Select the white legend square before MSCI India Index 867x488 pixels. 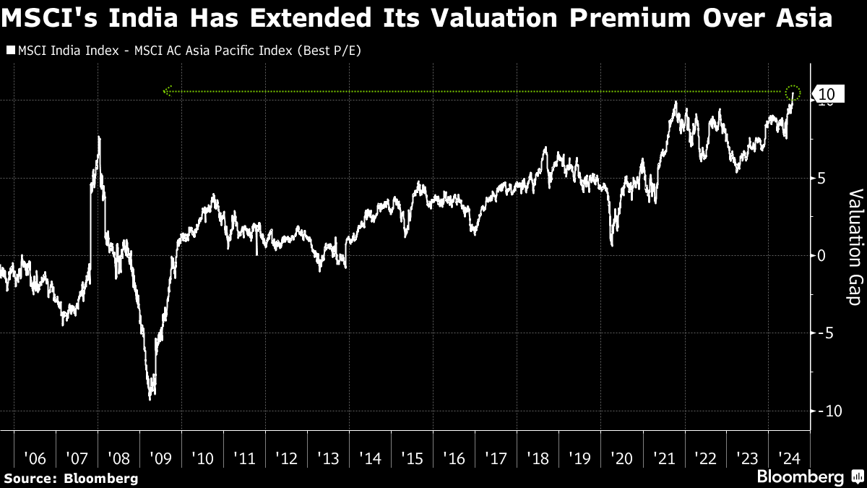(x=9, y=51)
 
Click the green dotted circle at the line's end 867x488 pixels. (x=793, y=92)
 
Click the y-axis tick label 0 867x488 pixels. (x=821, y=255)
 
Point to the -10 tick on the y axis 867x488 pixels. (x=827, y=411)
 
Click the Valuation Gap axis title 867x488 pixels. (x=854, y=247)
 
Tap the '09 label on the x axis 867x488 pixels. (x=160, y=458)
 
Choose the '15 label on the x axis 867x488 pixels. (x=412, y=458)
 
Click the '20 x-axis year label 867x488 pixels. (x=621, y=458)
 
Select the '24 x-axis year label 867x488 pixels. (x=788, y=458)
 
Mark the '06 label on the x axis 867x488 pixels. (x=35, y=458)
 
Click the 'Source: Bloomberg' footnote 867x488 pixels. (x=70, y=478)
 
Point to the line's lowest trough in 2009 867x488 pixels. (x=150, y=398)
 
